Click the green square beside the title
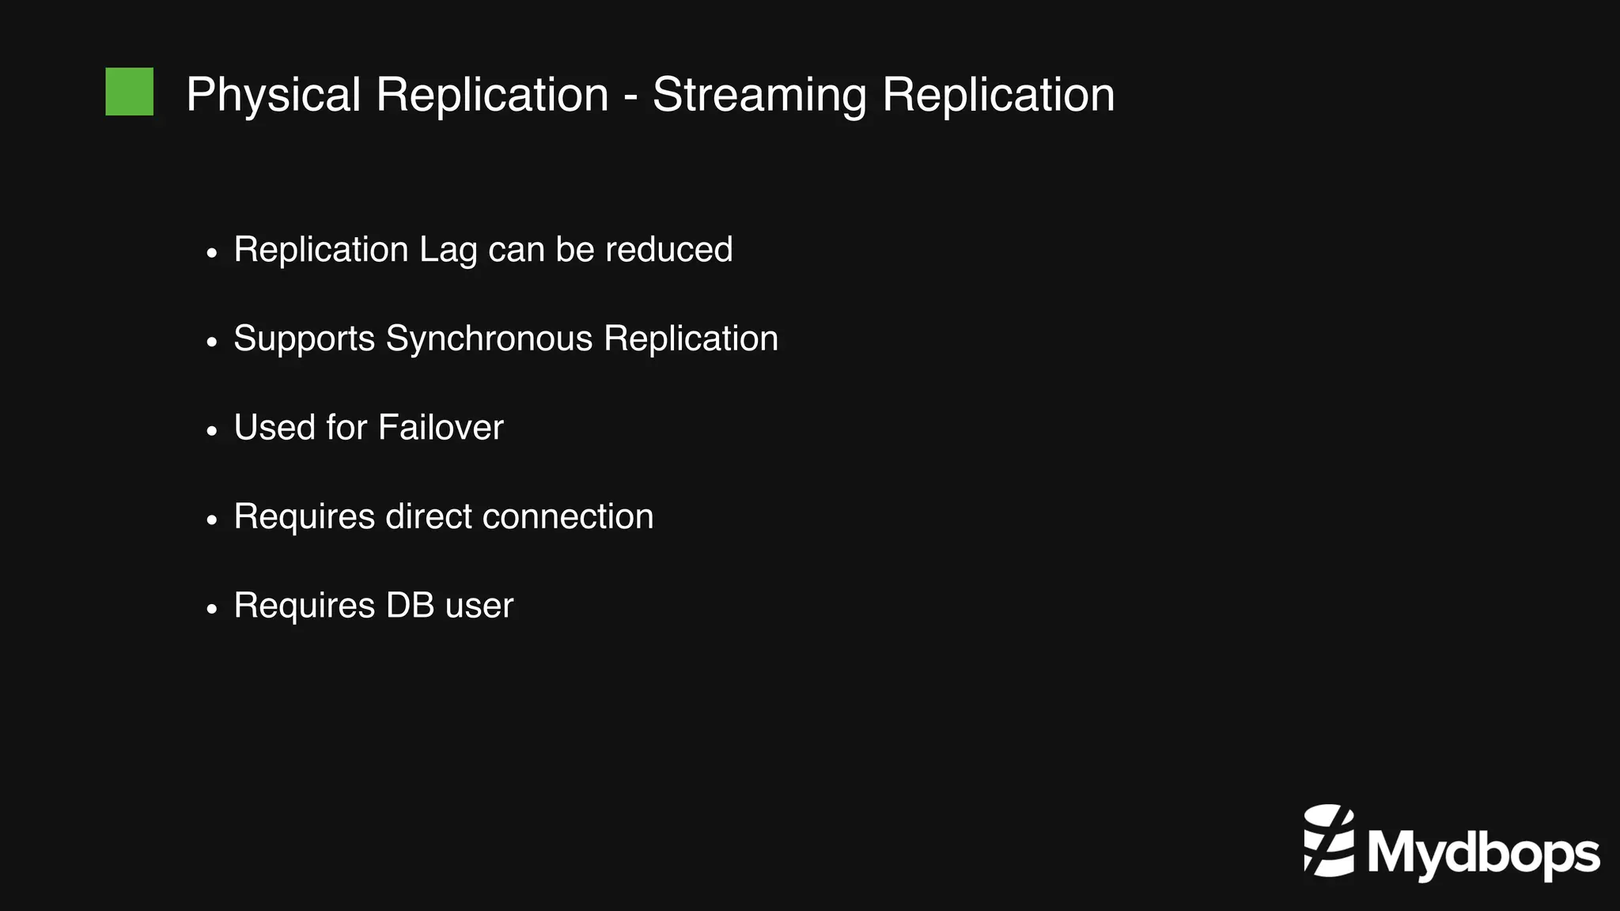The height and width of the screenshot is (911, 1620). point(130,92)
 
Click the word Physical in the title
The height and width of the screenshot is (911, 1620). point(274,95)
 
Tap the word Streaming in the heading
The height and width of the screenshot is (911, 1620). point(759,95)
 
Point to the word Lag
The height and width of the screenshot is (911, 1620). point(448,251)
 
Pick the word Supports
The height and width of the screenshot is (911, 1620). point(305,339)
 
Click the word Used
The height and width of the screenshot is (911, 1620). point(274,428)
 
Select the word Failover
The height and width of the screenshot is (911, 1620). point(441,428)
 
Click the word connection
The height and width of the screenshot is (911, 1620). point(568,517)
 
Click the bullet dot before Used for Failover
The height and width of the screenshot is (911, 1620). point(211,432)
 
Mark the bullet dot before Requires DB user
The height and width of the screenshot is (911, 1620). point(211,610)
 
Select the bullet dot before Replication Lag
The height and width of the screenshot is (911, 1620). point(211,254)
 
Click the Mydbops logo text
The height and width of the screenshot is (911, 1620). point(1483,854)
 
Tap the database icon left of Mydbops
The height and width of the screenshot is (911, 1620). point(1329,840)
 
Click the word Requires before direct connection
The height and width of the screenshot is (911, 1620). point(305,517)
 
